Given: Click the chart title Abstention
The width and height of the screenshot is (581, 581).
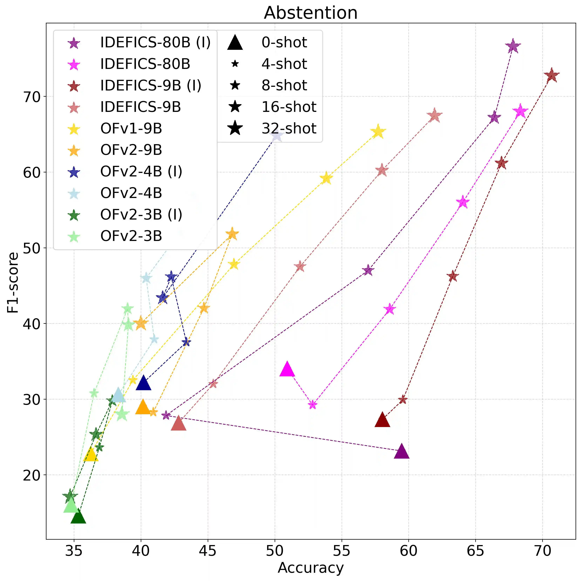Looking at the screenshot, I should [311, 13].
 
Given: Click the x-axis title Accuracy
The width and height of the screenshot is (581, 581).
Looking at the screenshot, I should [311, 568].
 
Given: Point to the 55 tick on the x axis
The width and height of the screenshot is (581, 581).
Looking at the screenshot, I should [342, 551].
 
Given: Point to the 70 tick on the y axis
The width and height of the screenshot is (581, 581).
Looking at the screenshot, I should [32, 97].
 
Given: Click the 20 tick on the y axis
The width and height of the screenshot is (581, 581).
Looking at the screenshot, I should [32, 475].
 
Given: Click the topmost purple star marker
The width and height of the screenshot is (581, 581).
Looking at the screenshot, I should [513, 46].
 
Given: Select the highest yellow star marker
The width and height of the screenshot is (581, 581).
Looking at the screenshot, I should [378, 132].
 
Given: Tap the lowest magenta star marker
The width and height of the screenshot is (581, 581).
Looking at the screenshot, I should [313, 405].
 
